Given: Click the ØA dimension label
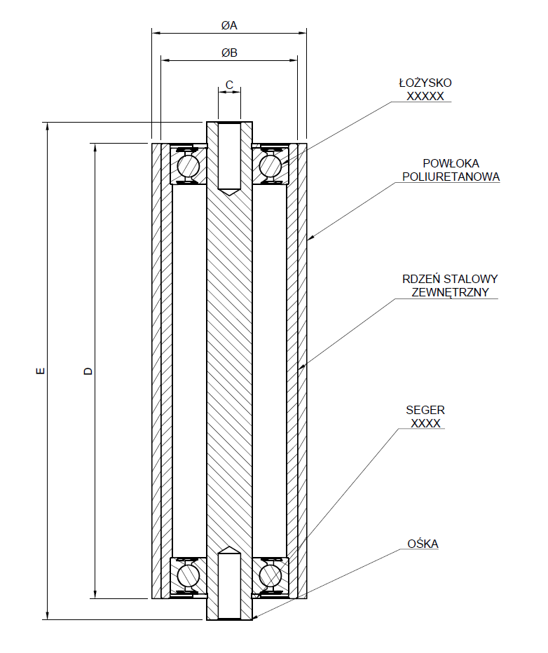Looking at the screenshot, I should click(x=229, y=26).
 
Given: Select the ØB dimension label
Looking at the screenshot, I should click(x=229, y=53).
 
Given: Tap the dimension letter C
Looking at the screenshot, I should click(x=229, y=85).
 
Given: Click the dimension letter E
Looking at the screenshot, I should click(x=41, y=371).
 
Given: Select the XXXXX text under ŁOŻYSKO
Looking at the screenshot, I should click(x=425, y=96).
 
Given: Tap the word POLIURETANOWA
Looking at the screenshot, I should click(x=451, y=177).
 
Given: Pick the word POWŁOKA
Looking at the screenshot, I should click(x=451, y=164).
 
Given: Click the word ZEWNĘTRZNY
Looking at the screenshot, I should click(x=450, y=291).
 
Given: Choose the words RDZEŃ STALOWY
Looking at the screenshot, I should click(x=450, y=279).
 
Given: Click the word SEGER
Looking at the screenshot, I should click(x=425, y=411).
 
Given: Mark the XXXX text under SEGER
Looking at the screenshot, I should click(x=425, y=423).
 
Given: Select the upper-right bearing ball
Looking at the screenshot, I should click(x=270, y=166).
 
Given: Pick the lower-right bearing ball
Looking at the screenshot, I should click(x=270, y=575).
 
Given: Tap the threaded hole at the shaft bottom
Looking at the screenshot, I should click(x=229, y=585).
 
